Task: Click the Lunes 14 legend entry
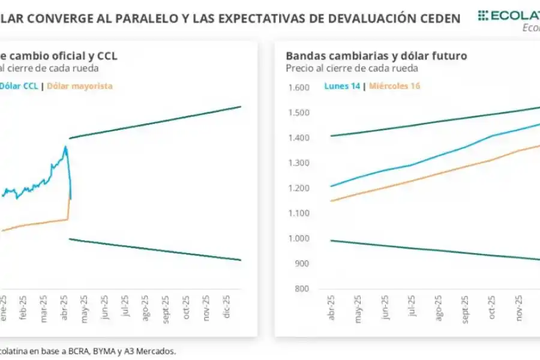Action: (342, 86)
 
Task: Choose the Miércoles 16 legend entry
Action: (394, 86)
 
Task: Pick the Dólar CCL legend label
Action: (19, 86)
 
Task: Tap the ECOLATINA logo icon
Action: (483, 16)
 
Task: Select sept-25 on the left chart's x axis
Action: (166, 308)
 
